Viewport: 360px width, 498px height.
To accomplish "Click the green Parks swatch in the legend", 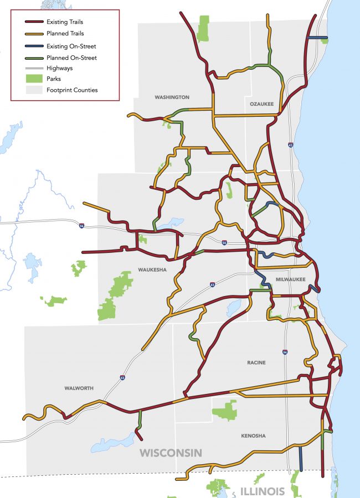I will coord(33,79).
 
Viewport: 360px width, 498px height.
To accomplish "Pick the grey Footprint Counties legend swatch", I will coord(33,90).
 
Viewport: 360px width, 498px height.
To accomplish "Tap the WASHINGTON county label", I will coord(172,97).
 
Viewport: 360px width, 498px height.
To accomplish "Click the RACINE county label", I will coord(256,363).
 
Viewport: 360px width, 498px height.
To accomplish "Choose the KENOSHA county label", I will coord(253,436).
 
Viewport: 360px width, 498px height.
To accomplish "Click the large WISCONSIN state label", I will coord(171,453).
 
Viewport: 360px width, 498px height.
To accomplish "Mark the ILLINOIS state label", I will coord(263,491).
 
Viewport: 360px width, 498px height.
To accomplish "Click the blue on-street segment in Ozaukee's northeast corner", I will coord(317,38).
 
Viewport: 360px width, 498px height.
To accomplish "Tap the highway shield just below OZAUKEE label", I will coord(291,145).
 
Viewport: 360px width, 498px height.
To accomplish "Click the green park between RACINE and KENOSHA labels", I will coord(224,411).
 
